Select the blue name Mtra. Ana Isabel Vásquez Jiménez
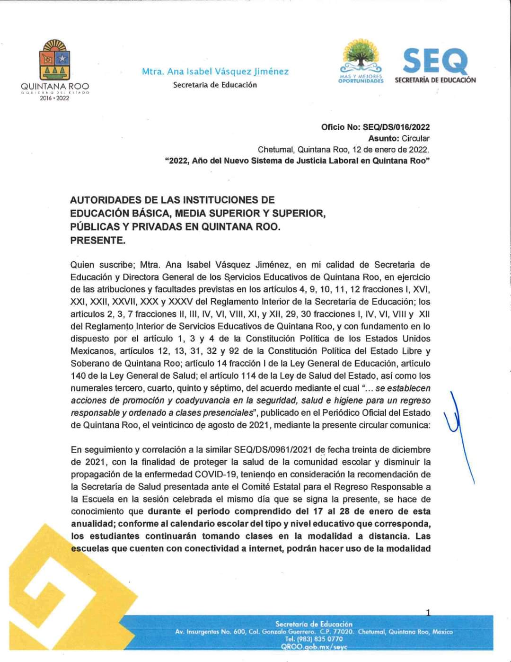[215, 72]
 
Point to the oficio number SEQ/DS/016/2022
[396, 127]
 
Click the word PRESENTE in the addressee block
[98, 240]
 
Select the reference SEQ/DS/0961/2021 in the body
[273, 449]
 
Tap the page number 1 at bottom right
[428, 613]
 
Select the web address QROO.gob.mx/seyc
[314, 646]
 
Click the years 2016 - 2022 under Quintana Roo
[54, 98]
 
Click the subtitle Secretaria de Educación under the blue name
[215, 85]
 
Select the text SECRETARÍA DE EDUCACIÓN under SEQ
[435, 80]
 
